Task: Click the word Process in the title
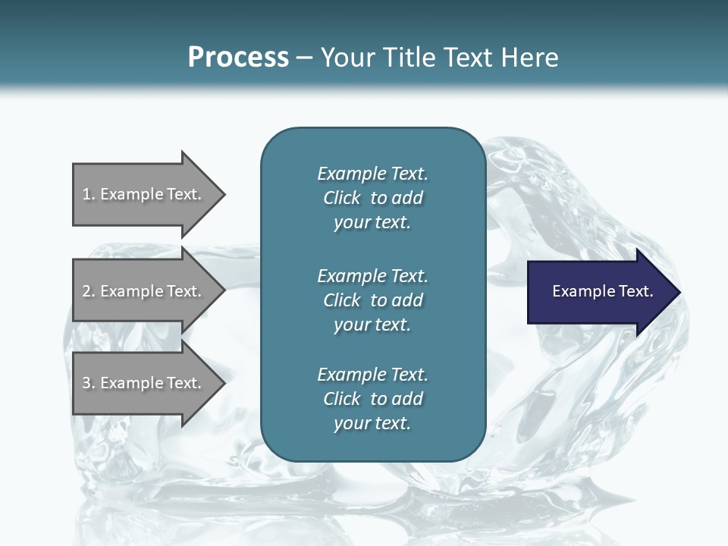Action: click(238, 58)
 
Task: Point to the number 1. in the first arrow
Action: click(89, 195)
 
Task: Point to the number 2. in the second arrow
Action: click(89, 292)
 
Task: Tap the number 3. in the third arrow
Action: click(89, 384)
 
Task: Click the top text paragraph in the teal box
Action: click(372, 198)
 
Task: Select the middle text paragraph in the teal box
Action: click(372, 300)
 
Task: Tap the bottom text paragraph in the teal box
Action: click(372, 399)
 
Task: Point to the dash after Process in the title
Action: click(304, 58)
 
